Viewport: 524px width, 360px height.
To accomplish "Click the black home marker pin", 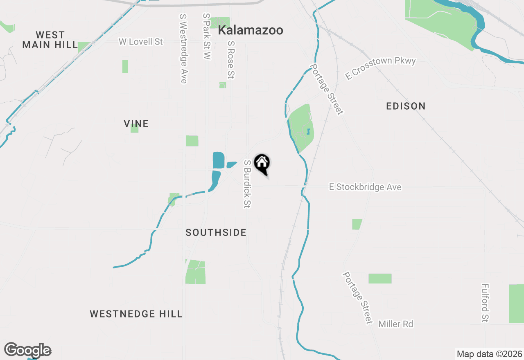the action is (x=262, y=164).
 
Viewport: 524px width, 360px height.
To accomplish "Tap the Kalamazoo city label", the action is (x=251, y=30).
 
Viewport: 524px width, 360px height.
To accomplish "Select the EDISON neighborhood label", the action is (x=406, y=106).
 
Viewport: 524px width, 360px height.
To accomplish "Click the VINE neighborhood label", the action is (x=136, y=124).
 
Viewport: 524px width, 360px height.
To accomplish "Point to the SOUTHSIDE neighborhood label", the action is (x=216, y=233).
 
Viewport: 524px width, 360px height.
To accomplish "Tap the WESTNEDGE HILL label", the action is (x=136, y=314).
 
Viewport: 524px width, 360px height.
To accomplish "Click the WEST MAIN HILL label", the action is (x=50, y=40).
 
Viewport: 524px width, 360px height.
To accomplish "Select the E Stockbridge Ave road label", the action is (x=365, y=187).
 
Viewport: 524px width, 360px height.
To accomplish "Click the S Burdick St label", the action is (x=247, y=184).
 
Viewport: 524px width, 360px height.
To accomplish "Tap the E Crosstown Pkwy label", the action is (x=380, y=68).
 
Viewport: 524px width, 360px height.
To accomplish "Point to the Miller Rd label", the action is (x=395, y=324).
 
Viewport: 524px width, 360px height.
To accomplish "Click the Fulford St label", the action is (x=485, y=303).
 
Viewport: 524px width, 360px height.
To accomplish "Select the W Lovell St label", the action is (x=140, y=42).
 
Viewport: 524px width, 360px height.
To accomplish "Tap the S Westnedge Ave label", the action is (x=183, y=49).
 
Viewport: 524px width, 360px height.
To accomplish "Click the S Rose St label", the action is (x=231, y=59).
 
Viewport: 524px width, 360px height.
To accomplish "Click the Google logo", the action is (x=27, y=350).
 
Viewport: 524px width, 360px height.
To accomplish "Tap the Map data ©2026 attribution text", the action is (x=489, y=354).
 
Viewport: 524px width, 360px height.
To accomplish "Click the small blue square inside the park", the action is (x=308, y=131).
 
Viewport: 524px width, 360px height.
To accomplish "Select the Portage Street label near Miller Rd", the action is (x=358, y=297).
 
